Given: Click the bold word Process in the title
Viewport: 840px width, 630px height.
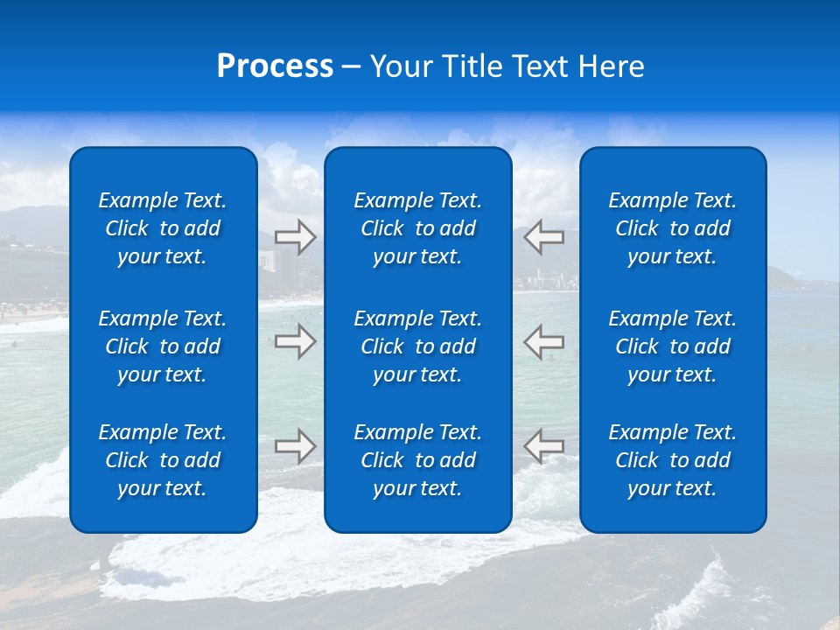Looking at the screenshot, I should coord(275,66).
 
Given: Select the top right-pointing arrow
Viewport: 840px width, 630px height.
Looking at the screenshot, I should coord(296,237).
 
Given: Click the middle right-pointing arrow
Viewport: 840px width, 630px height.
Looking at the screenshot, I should coord(296,341).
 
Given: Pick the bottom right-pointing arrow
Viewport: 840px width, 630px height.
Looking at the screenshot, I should coord(296,446).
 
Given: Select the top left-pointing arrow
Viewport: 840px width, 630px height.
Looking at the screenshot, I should coord(544,237).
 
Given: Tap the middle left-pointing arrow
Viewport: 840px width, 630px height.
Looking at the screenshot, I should coord(544,341).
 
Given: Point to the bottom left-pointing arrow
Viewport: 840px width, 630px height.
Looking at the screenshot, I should coord(544,446).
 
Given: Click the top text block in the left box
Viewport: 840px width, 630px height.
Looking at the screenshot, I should coord(163,228).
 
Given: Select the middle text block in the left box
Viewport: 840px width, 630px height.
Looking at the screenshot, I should coord(163,346).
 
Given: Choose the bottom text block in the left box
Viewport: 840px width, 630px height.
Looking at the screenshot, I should coord(163,460).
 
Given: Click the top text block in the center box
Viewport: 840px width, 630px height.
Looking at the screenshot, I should coord(418,228).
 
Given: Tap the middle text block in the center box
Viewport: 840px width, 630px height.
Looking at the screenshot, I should coord(418,346).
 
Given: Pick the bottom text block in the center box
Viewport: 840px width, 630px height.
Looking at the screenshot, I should coord(418,460).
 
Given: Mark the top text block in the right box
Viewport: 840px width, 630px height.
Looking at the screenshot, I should coord(673,228).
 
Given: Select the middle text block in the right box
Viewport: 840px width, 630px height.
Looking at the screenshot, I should coord(673,346).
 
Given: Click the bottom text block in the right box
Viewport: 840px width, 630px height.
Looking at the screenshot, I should coord(673,460).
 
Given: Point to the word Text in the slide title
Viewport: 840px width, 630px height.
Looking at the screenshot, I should coord(542,66).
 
